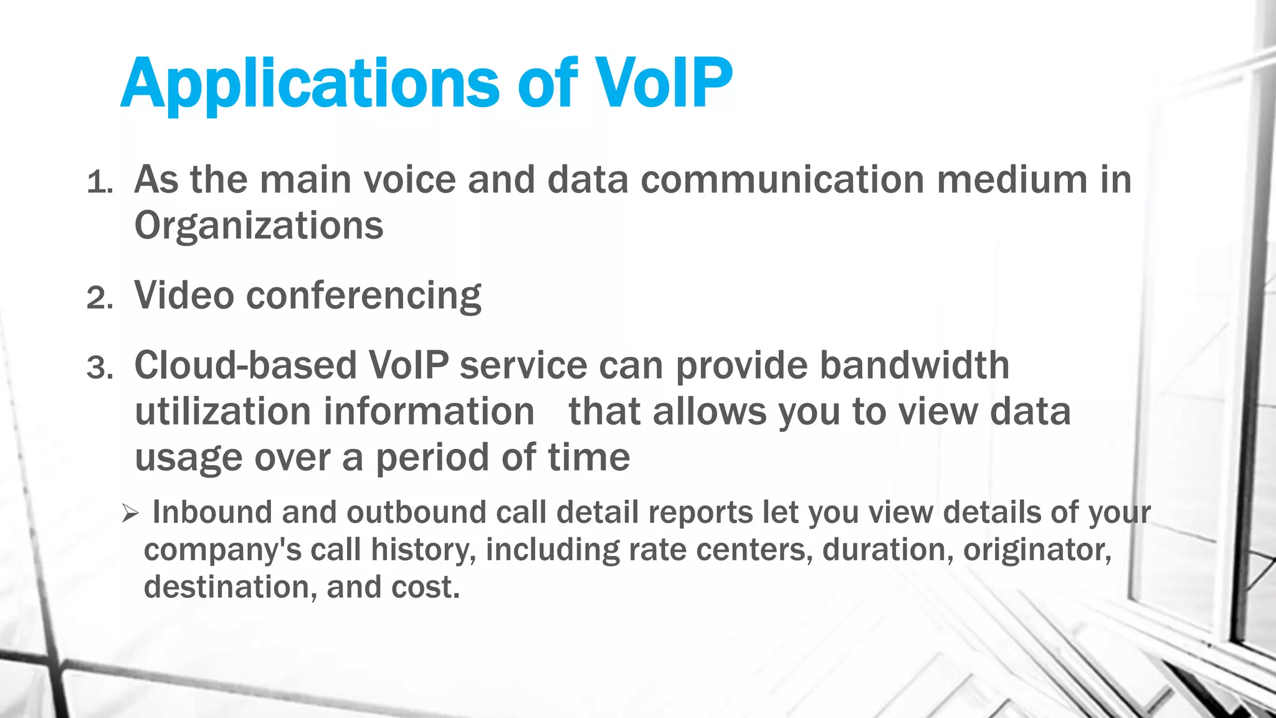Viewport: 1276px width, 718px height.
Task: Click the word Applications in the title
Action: [310, 84]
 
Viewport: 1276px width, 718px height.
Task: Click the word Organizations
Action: [259, 226]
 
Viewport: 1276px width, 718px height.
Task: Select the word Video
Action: [184, 295]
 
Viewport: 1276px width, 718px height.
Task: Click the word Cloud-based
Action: [245, 365]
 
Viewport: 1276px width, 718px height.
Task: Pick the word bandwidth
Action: [914, 365]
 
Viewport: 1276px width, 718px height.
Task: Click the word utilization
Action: [222, 412]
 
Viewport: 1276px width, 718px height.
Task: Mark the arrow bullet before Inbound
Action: [130, 514]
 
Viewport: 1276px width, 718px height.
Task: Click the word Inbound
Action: [212, 512]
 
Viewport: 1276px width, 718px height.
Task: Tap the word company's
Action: [222, 550]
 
